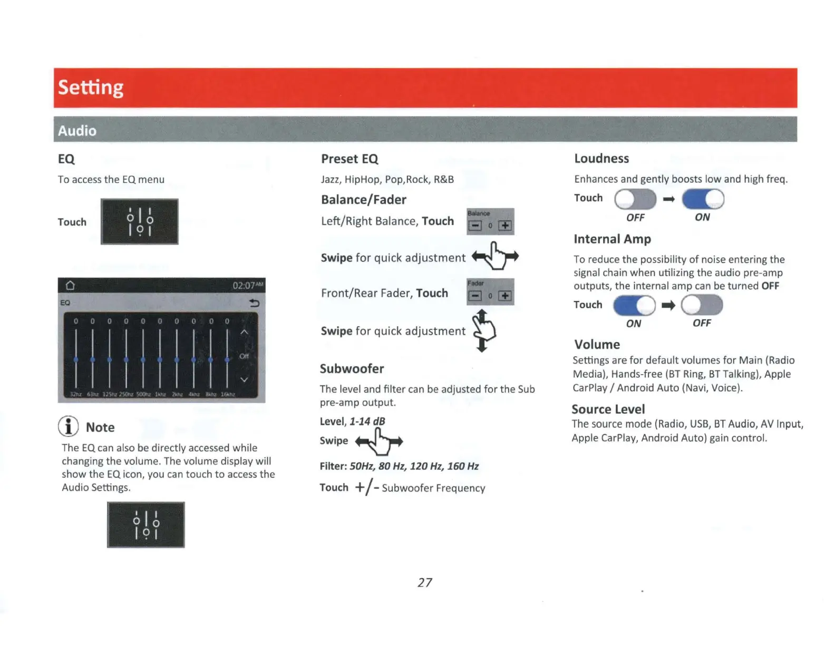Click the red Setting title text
(91, 87)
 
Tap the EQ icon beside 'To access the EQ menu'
(140, 222)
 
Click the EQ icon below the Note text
(146, 525)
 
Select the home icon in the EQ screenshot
(70, 286)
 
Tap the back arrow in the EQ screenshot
(254, 303)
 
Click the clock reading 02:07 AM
(247, 286)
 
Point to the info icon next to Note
(69, 426)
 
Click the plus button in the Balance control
(505, 226)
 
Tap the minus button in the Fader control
(475, 296)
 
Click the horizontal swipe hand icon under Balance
(495, 256)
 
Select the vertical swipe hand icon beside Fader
(483, 330)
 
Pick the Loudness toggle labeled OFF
(635, 199)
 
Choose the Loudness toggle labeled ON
(703, 199)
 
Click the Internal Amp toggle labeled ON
(634, 305)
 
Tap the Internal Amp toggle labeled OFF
(702, 305)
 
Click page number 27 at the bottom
(425, 582)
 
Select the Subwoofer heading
(352, 369)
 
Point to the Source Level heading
(608, 409)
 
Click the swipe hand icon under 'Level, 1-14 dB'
(379, 442)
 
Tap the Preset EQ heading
(349, 159)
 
